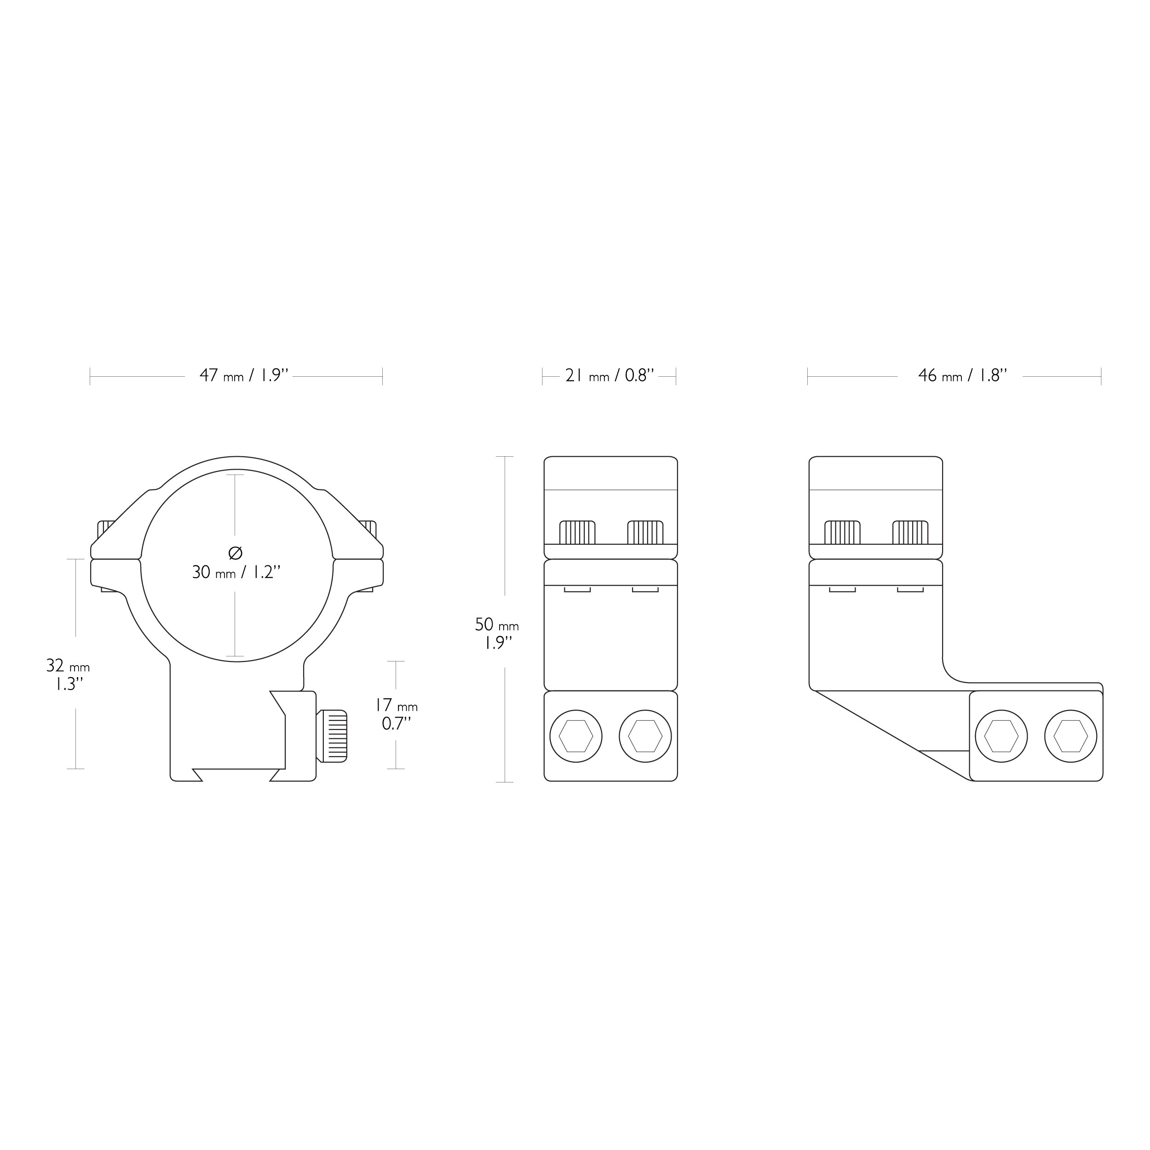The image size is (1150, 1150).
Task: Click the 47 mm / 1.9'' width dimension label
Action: (244, 376)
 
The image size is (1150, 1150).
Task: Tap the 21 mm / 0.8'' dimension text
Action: (609, 376)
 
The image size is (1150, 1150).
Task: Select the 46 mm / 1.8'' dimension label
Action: (962, 376)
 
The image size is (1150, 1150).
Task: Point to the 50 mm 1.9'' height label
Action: (496, 633)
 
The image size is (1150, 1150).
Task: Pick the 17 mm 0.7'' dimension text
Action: (397, 714)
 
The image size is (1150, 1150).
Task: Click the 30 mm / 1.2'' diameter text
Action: (236, 572)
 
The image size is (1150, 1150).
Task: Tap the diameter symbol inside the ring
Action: (235, 553)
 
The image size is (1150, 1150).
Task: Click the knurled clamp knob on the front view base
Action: (332, 736)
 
